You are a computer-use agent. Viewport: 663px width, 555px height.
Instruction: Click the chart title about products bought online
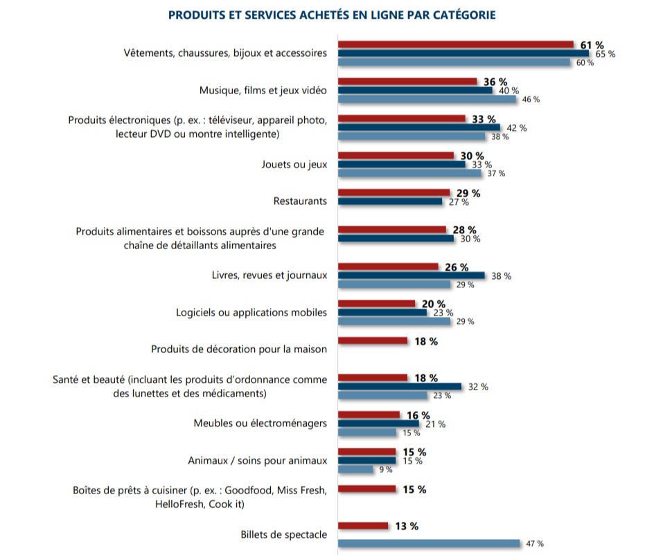(x=332, y=15)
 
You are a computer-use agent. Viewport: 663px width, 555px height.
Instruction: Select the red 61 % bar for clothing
(x=456, y=44)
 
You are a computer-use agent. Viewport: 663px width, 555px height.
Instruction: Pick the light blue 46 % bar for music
(x=427, y=99)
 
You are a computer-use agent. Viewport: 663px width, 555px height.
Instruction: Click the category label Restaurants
(x=300, y=201)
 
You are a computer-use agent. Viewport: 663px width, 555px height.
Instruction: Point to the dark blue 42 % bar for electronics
(x=419, y=127)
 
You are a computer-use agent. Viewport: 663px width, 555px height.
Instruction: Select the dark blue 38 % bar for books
(x=411, y=275)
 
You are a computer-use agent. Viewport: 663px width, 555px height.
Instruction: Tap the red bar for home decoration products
(x=373, y=340)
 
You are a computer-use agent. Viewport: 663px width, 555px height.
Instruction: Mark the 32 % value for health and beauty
(x=478, y=387)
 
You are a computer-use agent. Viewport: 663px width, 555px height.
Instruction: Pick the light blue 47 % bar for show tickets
(x=429, y=543)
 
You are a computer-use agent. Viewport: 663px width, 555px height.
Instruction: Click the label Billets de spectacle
(x=283, y=534)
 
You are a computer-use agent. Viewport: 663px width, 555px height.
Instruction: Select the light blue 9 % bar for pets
(x=355, y=469)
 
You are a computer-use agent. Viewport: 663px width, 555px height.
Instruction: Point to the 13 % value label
(x=407, y=526)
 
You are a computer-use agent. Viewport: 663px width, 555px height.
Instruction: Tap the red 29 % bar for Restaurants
(x=394, y=192)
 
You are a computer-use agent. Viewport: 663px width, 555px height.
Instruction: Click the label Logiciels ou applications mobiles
(x=251, y=312)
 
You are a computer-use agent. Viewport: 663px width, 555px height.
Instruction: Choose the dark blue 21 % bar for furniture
(x=378, y=424)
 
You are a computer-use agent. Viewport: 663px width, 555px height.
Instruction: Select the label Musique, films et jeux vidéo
(x=263, y=91)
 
